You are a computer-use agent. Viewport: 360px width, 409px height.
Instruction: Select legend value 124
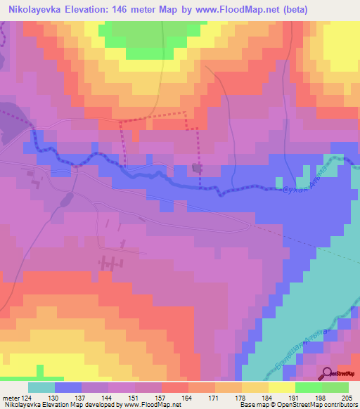[27, 398]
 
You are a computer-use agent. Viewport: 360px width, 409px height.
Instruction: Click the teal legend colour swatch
[41, 387]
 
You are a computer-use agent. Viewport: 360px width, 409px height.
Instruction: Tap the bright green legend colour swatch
[309, 387]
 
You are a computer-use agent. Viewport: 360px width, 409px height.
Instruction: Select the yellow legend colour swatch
[281, 387]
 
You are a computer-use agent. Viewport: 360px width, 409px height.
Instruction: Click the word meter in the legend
[10, 398]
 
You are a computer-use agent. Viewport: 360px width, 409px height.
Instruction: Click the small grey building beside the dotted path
[197, 168]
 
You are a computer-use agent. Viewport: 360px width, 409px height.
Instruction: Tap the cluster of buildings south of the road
[108, 263]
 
